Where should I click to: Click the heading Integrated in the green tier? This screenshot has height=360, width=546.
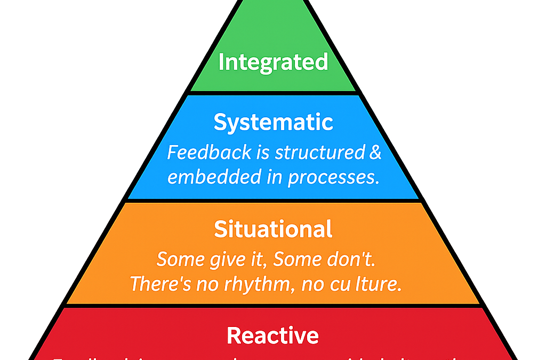pos(272,62)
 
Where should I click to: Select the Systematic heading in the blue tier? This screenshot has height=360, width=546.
pos(273,122)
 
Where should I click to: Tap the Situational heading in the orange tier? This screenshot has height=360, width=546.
pos(273,229)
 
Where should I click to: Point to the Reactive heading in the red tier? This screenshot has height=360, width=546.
pos(272,335)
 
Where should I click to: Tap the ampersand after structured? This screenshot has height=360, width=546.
pos(375,153)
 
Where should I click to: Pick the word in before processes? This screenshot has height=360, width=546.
pos(274,177)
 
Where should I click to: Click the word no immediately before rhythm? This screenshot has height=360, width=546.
pos(202,284)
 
